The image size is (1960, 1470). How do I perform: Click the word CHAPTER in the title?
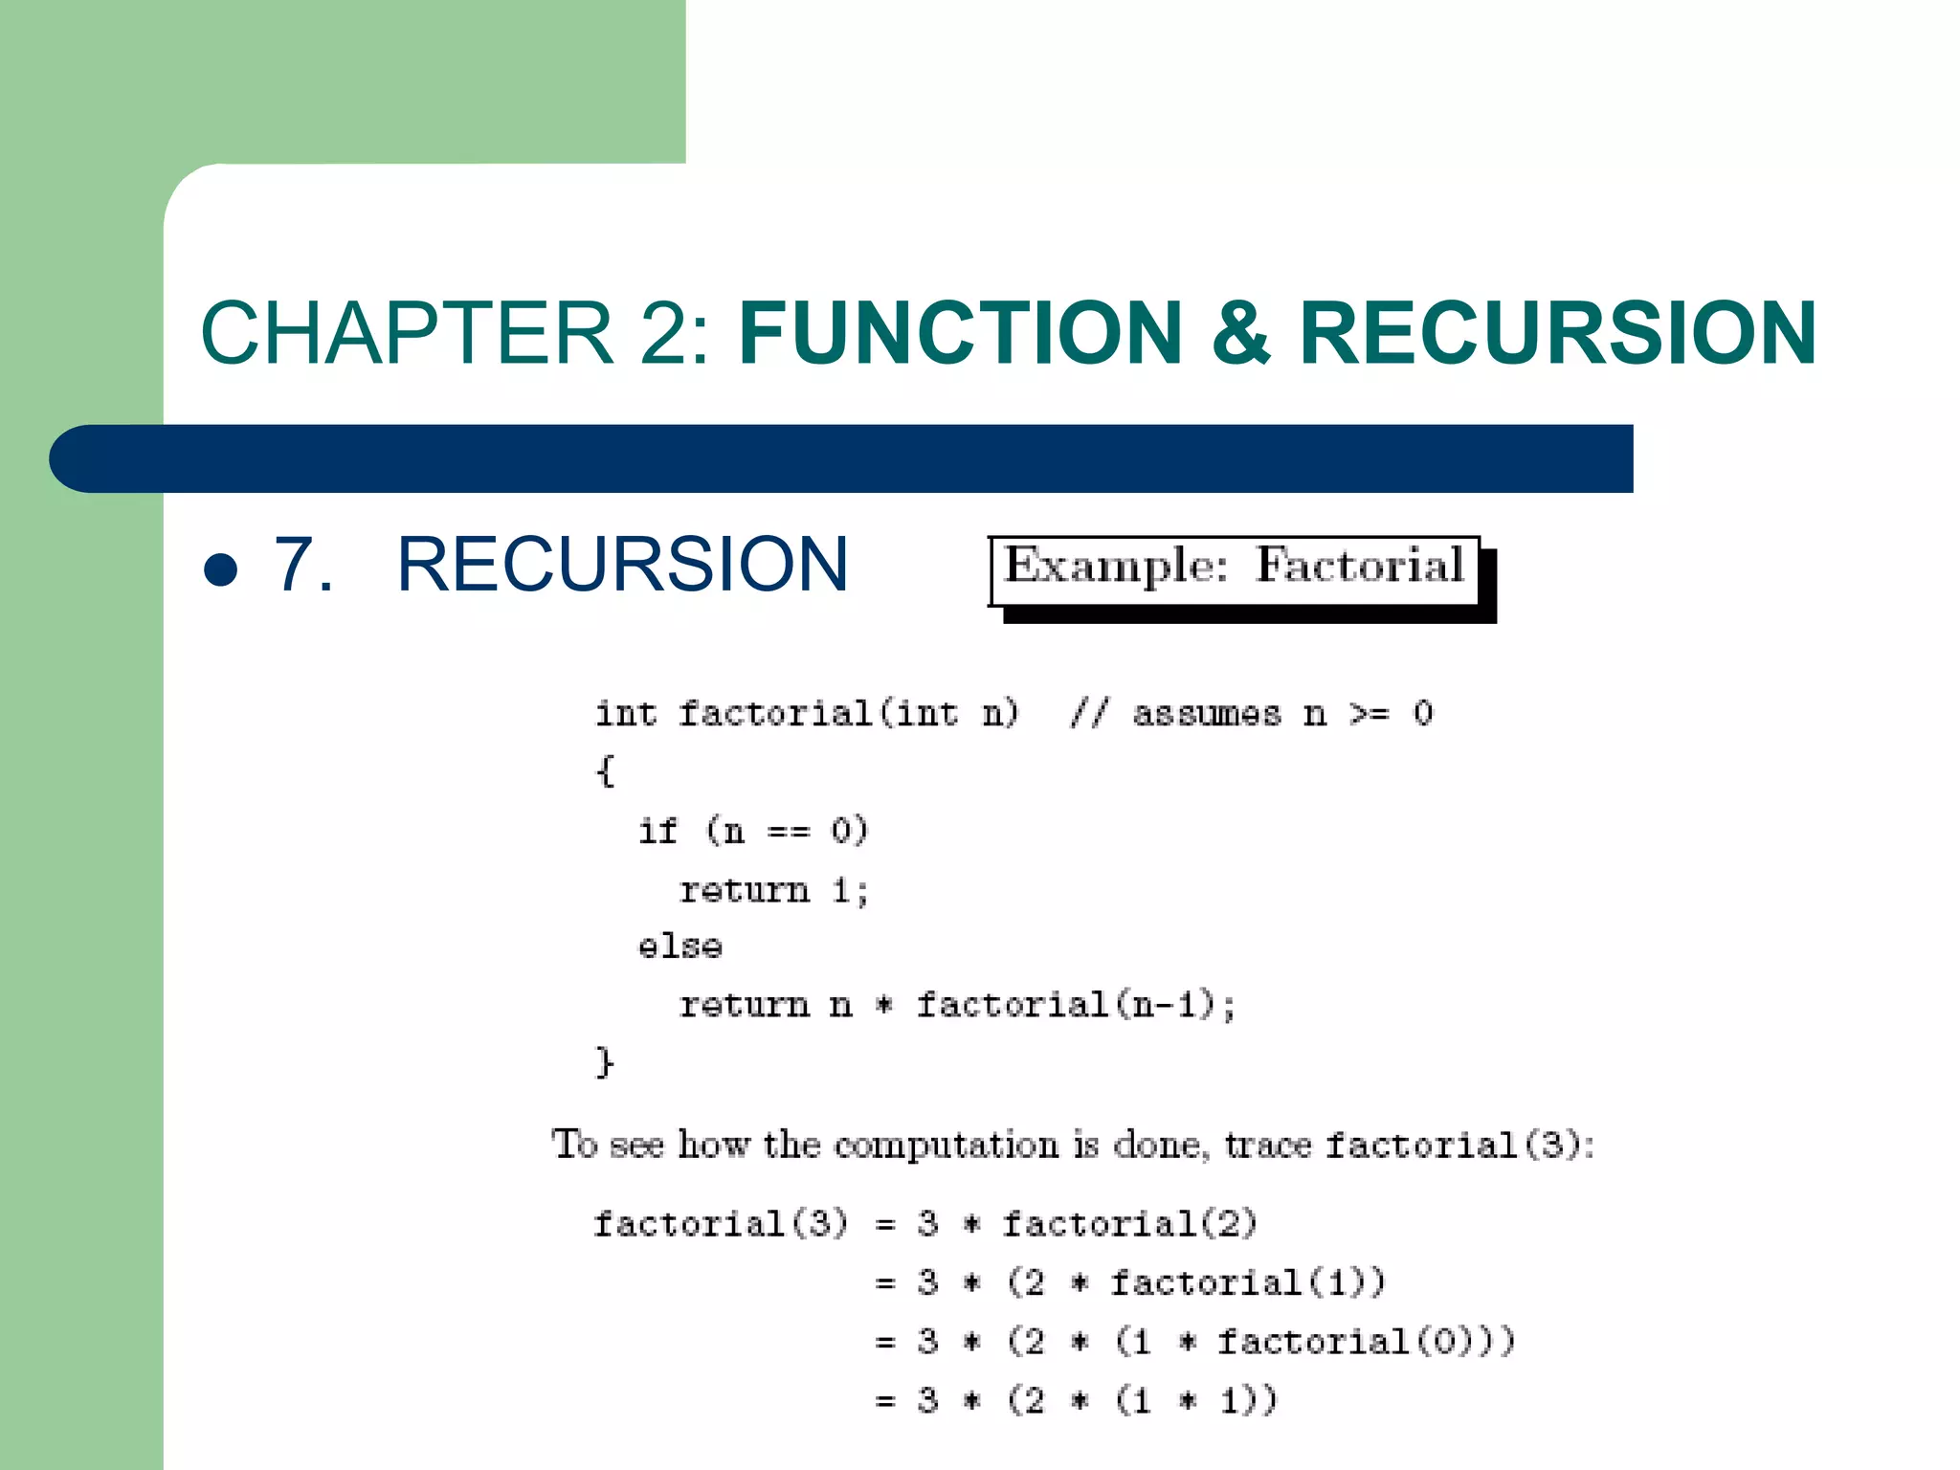[407, 333]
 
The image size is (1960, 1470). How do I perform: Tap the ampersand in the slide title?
[1241, 333]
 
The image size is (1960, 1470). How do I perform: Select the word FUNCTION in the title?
[961, 333]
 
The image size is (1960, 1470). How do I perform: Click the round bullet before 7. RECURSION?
[221, 570]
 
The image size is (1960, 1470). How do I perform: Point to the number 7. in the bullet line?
[304, 565]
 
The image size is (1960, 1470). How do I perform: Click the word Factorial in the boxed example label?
[1360, 565]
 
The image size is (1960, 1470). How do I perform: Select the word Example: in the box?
[1116, 565]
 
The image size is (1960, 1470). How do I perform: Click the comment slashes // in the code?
[1090, 713]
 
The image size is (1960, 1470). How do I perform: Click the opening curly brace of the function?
[605, 770]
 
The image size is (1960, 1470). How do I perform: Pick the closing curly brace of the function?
[605, 1062]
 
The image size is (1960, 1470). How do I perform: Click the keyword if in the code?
[658, 830]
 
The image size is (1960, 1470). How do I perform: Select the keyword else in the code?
[680, 947]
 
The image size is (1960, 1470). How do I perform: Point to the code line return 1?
[773, 890]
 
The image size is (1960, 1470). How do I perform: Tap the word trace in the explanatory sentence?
[1268, 1145]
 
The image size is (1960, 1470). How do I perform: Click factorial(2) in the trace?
[1129, 1224]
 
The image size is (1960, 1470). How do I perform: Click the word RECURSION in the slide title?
[1557, 333]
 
